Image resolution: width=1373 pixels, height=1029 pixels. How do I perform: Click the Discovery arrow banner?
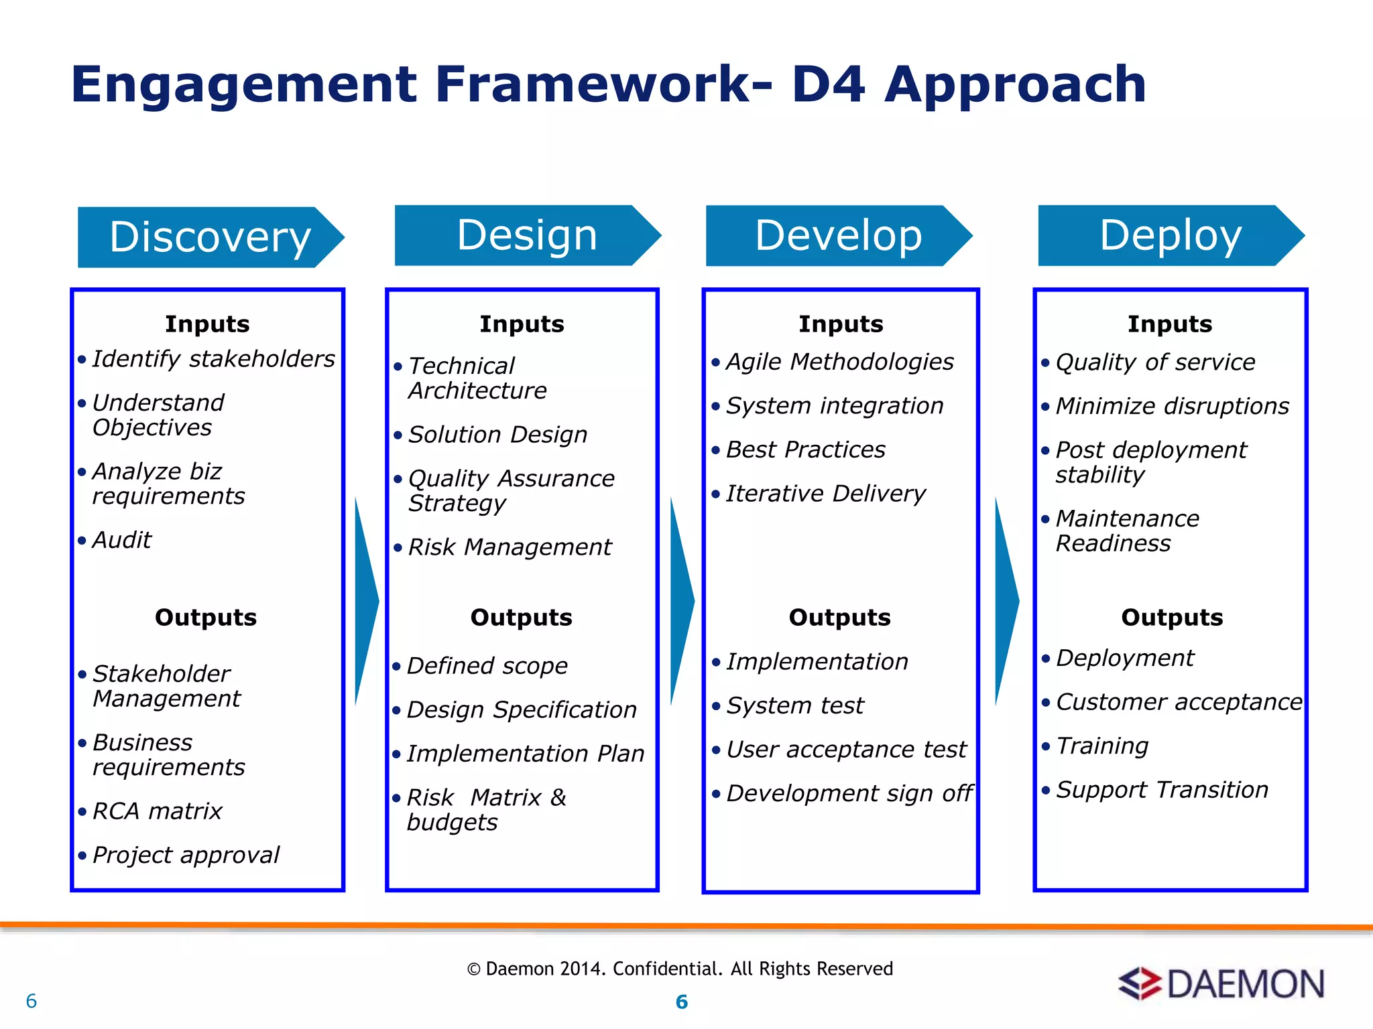pyautogui.click(x=209, y=237)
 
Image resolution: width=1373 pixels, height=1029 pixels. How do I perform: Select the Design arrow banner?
pyautogui.click(x=527, y=235)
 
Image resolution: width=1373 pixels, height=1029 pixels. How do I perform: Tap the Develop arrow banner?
pyautogui.click(x=838, y=235)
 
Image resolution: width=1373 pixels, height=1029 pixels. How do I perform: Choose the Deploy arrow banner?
pyautogui.click(x=1171, y=235)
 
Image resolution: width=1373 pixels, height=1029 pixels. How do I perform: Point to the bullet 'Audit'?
pyautogui.click(x=121, y=540)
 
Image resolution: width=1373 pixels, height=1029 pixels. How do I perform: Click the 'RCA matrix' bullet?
pyautogui.click(x=157, y=811)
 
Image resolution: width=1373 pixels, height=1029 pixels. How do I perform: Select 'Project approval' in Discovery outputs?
pyautogui.click(x=186, y=855)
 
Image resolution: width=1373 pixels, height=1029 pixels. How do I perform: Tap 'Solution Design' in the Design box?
pyautogui.click(x=497, y=435)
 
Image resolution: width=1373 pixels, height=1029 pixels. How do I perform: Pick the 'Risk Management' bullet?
pyautogui.click(x=510, y=547)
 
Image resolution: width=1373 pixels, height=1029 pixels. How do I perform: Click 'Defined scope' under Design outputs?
pyautogui.click(x=487, y=666)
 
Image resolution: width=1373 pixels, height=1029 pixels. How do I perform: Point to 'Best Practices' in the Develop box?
pyautogui.click(x=805, y=450)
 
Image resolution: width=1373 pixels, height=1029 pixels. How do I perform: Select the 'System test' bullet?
pyautogui.click(x=795, y=705)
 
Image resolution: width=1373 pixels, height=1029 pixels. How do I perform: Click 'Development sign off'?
pyautogui.click(x=849, y=794)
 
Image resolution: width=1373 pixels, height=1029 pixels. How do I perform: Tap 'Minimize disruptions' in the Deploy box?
pyautogui.click(x=1172, y=406)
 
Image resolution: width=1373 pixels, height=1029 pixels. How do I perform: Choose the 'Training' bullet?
pyautogui.click(x=1102, y=746)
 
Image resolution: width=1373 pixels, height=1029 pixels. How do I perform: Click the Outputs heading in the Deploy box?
pyautogui.click(x=1172, y=617)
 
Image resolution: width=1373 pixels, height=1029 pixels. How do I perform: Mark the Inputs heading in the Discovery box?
pyautogui.click(x=207, y=324)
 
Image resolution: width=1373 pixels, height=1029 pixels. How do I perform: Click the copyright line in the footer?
pyautogui.click(x=680, y=969)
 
